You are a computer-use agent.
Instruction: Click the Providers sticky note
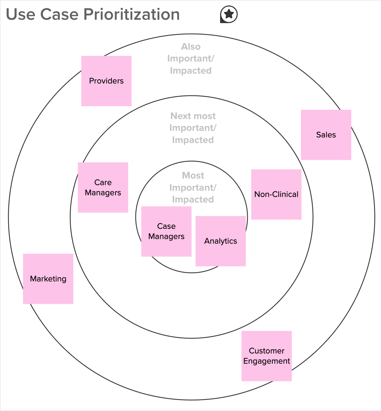[x=106, y=81]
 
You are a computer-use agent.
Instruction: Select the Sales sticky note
[x=326, y=135]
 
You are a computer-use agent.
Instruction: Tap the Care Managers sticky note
[x=103, y=187]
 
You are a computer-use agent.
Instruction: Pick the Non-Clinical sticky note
[x=276, y=194]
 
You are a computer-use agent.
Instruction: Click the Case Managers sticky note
[x=166, y=231]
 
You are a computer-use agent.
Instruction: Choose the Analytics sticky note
[x=220, y=241]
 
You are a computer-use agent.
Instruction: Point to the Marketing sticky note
[x=48, y=279]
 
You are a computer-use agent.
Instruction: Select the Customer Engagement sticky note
[x=267, y=356]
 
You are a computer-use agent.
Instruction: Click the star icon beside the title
[x=229, y=14]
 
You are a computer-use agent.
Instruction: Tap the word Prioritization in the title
[x=131, y=14]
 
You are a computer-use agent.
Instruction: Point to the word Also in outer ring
[x=190, y=47]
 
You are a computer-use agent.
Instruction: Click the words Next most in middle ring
[x=193, y=116]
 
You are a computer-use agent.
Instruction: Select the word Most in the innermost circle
[x=193, y=176]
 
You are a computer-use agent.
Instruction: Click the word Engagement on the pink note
[x=267, y=361]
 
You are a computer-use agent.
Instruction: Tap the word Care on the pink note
[x=103, y=182]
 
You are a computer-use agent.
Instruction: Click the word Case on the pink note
[x=166, y=226]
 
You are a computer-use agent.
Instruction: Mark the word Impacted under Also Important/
[x=190, y=71]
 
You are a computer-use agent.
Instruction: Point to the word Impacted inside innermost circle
[x=193, y=200]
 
